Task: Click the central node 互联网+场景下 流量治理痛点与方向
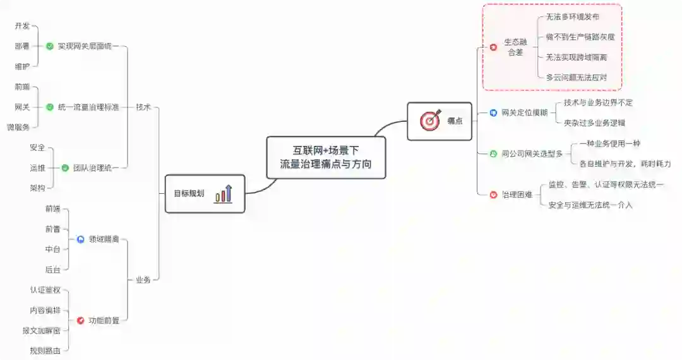coord(326,157)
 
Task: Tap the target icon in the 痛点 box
coord(430,121)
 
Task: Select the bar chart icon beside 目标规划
coord(224,193)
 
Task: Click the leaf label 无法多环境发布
coord(573,17)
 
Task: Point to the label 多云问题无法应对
coord(577,78)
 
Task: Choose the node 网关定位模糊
coord(524,113)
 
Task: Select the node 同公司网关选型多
coord(532,153)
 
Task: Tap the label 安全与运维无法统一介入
coord(590,205)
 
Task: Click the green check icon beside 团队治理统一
coord(65,168)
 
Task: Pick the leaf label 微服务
coord(18,127)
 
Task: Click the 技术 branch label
coord(143,107)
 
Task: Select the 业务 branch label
coord(143,280)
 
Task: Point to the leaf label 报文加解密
coord(41,330)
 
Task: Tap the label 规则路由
coord(45,350)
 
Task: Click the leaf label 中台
coord(52,249)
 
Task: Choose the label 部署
coord(22,46)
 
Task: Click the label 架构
coord(37,188)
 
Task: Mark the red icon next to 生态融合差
coord(494,47)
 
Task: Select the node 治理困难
coord(517,195)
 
